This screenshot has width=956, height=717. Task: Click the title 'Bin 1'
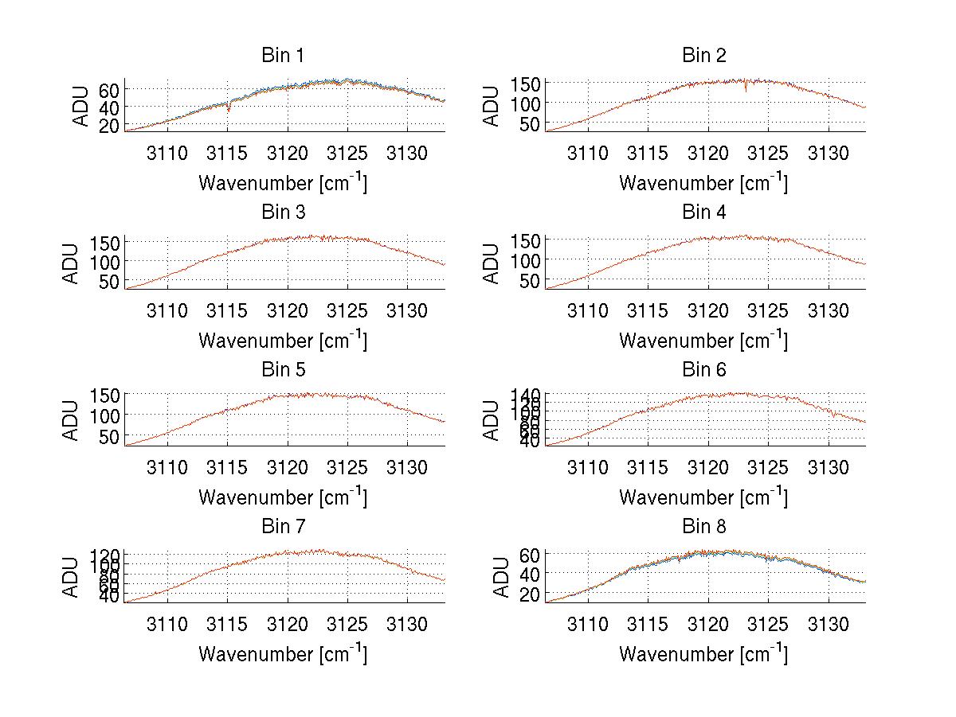[x=283, y=56]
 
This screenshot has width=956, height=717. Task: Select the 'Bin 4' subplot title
[x=704, y=212]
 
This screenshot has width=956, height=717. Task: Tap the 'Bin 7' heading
[x=283, y=527]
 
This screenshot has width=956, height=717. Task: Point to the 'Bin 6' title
[x=704, y=370]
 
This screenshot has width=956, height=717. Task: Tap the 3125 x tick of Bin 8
[x=769, y=624]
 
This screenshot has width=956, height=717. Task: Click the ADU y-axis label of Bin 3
[x=72, y=263]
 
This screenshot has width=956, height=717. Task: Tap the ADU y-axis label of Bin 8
[x=492, y=577]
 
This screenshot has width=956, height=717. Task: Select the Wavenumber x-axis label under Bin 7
[x=283, y=654]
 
